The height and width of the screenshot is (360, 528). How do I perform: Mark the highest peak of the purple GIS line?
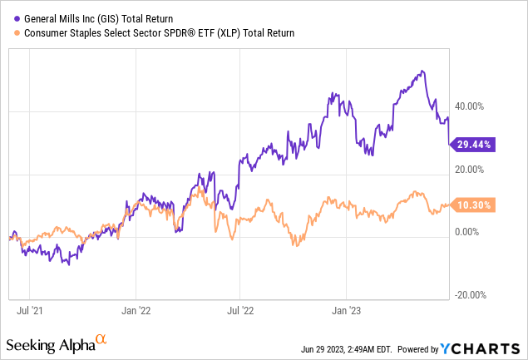tap(424, 71)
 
